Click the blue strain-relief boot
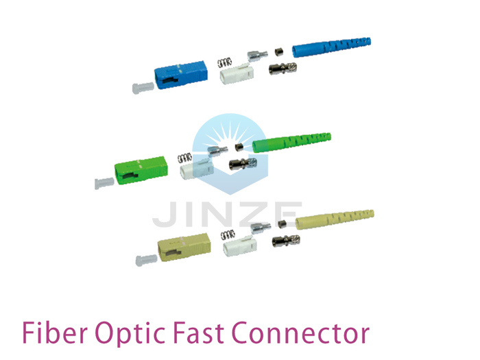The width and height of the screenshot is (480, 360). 331,47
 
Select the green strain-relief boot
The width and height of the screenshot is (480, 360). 291,143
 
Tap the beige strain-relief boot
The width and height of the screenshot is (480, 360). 335,219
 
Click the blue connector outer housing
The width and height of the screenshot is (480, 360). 181,75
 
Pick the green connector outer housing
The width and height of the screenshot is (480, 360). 141,171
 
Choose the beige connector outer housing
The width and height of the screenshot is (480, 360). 184,247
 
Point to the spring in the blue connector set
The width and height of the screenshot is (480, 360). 224,63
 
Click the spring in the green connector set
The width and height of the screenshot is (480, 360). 184,158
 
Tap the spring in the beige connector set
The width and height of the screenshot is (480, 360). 228,235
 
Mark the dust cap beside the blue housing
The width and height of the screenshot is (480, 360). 143,88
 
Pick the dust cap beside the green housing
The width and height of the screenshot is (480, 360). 104,183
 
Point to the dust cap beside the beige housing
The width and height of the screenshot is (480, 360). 146,260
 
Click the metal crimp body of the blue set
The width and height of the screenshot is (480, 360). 283,69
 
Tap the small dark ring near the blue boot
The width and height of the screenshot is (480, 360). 278,52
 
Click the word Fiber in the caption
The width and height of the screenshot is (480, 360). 55,333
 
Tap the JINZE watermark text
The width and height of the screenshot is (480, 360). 228,214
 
